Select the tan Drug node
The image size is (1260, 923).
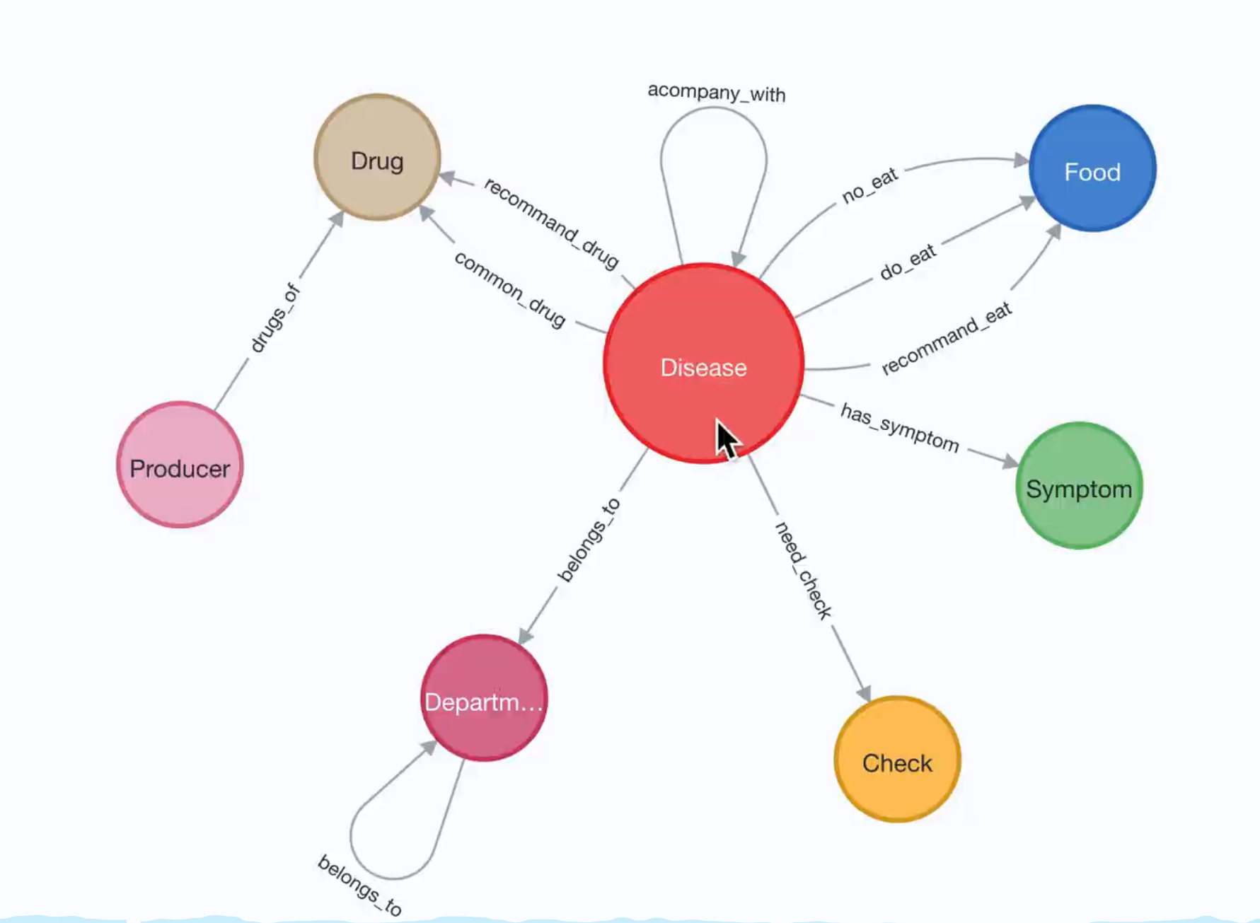coord(377,158)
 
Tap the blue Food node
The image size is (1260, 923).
coord(1092,168)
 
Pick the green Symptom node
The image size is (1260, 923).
coord(1079,486)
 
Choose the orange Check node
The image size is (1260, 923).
coord(897,760)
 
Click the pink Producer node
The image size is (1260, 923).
coord(180,465)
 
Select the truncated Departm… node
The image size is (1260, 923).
coord(484,698)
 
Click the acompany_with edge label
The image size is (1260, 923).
coord(716,93)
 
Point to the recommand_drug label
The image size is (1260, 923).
coord(552,222)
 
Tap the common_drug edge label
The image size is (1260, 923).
coord(510,289)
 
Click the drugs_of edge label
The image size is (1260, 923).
coord(275,318)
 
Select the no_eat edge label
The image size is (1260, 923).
coord(869,185)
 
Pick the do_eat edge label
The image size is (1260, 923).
coord(908,262)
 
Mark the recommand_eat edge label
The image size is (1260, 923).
coord(947,338)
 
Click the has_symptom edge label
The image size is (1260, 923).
coord(899,426)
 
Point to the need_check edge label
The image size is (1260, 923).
coord(804,570)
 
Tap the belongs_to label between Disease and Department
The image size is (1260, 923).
coord(589,540)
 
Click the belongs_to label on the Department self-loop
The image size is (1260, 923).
coord(360,885)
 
